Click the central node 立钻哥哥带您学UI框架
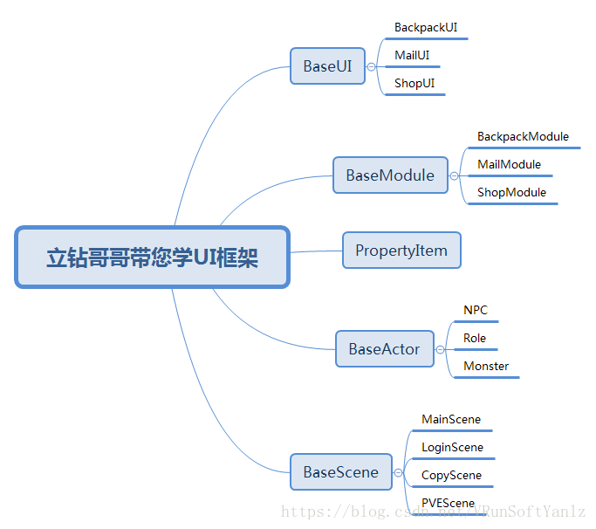click(x=152, y=258)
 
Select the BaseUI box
click(x=327, y=65)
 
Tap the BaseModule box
click(x=390, y=175)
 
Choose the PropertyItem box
click(x=401, y=251)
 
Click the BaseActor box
click(x=384, y=348)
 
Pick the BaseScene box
click(x=341, y=472)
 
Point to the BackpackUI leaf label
click(x=426, y=27)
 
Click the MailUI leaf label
click(x=412, y=55)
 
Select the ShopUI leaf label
click(x=414, y=83)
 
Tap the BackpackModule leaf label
click(x=523, y=136)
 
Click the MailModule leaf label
click(x=509, y=164)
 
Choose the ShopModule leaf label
click(x=511, y=192)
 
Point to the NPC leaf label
click(x=476, y=310)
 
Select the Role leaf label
click(x=475, y=338)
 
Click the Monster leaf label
click(x=486, y=366)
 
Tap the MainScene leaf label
click(x=451, y=419)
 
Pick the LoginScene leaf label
click(x=452, y=447)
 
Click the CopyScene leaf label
click(x=451, y=475)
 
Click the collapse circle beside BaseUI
click(x=372, y=66)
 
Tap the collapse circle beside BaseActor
click(x=441, y=349)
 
